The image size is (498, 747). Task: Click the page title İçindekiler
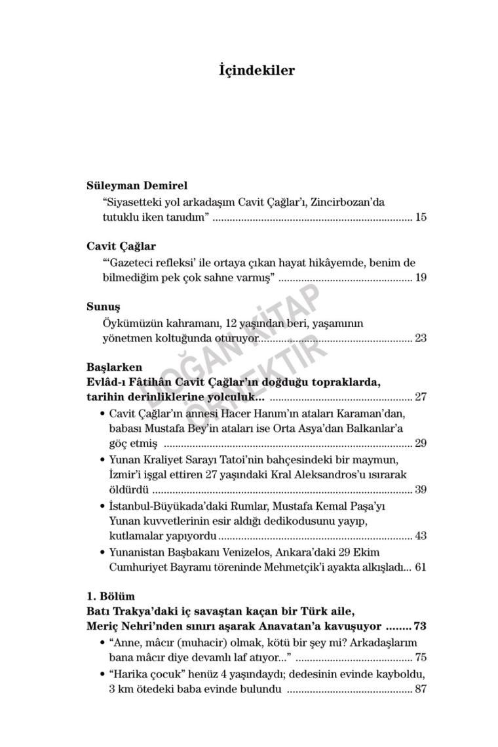(256, 70)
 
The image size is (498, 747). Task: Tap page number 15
(421, 217)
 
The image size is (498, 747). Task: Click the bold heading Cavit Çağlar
(121, 246)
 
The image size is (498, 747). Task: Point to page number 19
(421, 278)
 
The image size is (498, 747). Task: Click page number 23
(421, 338)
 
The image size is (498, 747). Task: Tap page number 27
(421, 397)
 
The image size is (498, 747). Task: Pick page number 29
(421, 443)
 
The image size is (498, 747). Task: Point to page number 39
(421, 489)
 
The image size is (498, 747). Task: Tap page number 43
(421, 536)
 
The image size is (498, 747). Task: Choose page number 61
(421, 567)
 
